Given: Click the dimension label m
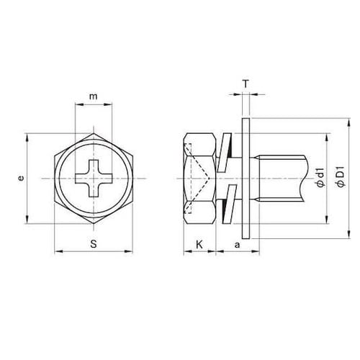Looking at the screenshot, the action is [x=94, y=96].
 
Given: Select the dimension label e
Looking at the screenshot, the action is [x=22, y=178].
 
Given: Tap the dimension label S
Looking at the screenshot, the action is [x=94, y=244].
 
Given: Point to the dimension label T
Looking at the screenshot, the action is [x=246, y=84].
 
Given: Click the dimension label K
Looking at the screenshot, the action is [x=199, y=245].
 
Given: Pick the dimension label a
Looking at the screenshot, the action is [x=237, y=245].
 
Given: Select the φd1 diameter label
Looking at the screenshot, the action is [x=320, y=178].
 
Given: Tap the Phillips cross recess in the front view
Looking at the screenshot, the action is [x=94, y=179].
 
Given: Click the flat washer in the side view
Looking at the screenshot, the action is [x=246, y=179].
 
